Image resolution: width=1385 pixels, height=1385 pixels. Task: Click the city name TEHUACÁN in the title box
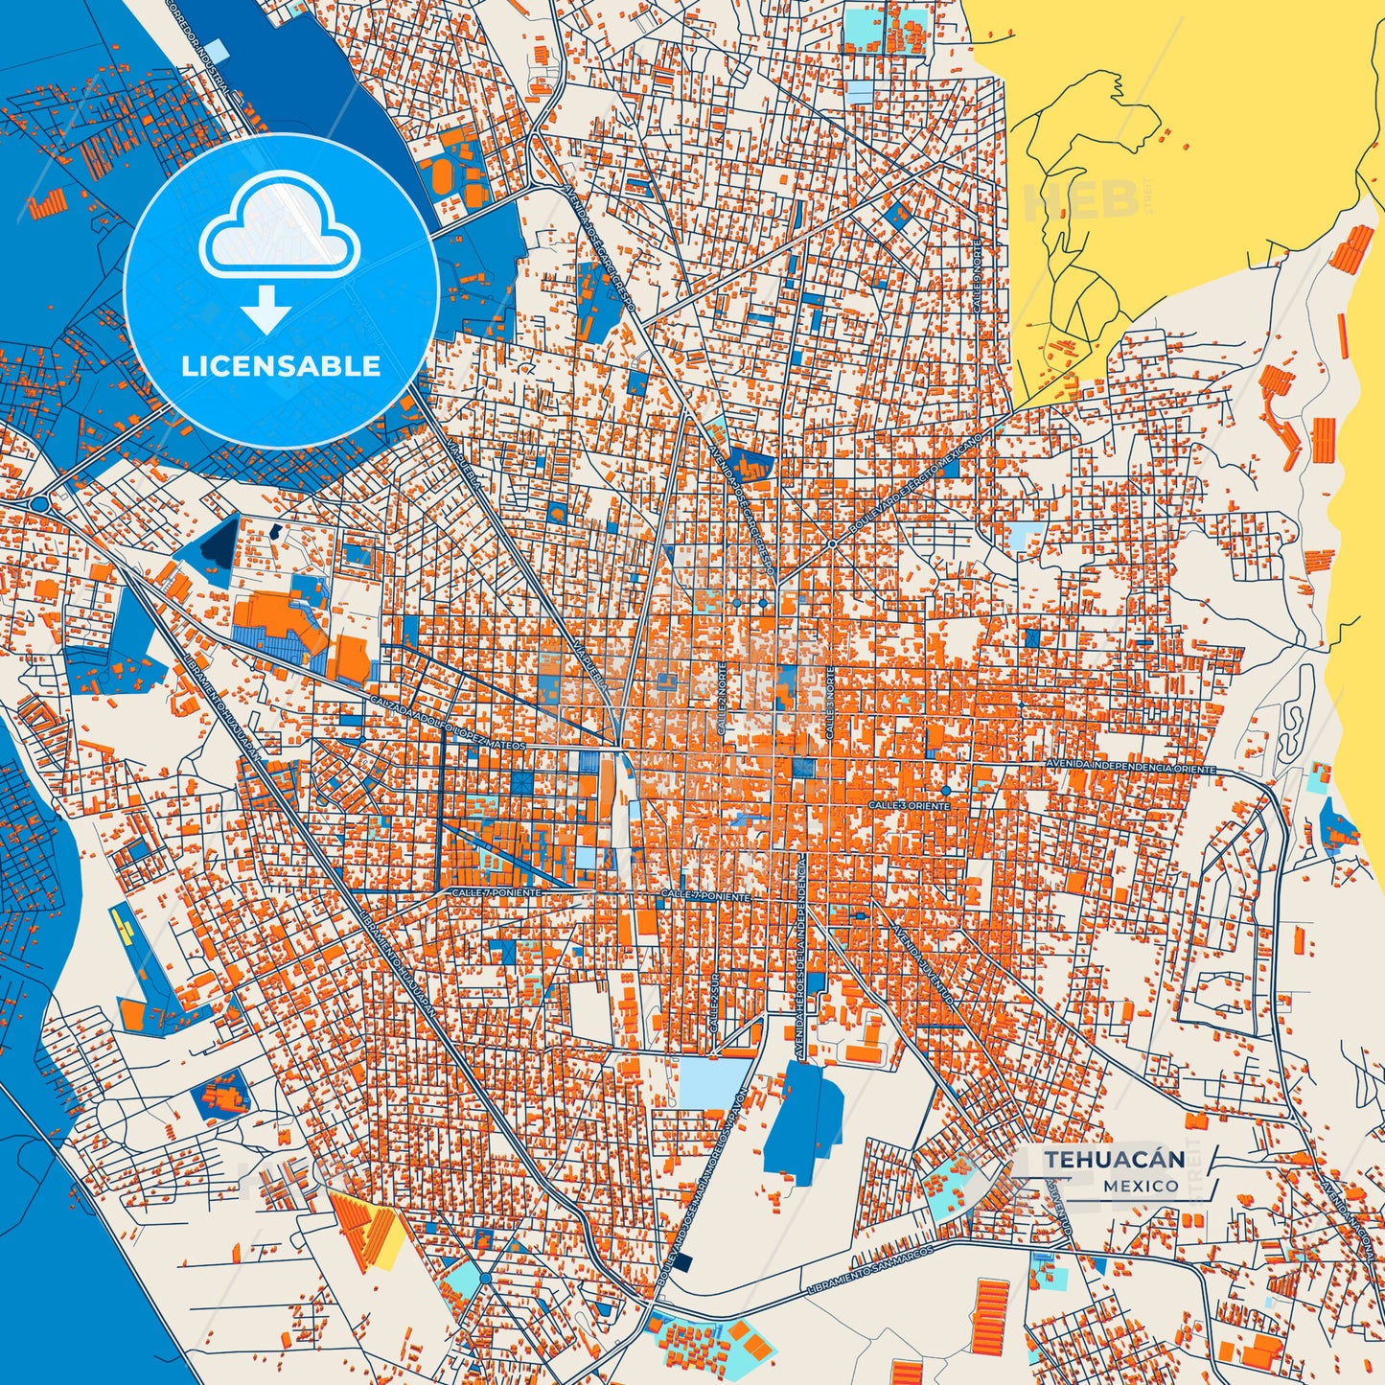[x=1114, y=1159]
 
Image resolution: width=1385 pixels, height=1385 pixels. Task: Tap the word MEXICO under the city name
[x=1141, y=1186]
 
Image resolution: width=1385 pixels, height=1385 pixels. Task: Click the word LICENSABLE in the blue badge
[x=281, y=366]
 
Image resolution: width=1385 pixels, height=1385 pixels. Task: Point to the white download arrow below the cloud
[x=265, y=309]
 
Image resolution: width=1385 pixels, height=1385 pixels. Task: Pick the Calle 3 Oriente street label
[x=909, y=806]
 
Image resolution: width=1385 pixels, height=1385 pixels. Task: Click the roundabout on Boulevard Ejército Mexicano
[x=832, y=543]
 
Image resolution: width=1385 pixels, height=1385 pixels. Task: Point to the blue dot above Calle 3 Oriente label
[x=945, y=790]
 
